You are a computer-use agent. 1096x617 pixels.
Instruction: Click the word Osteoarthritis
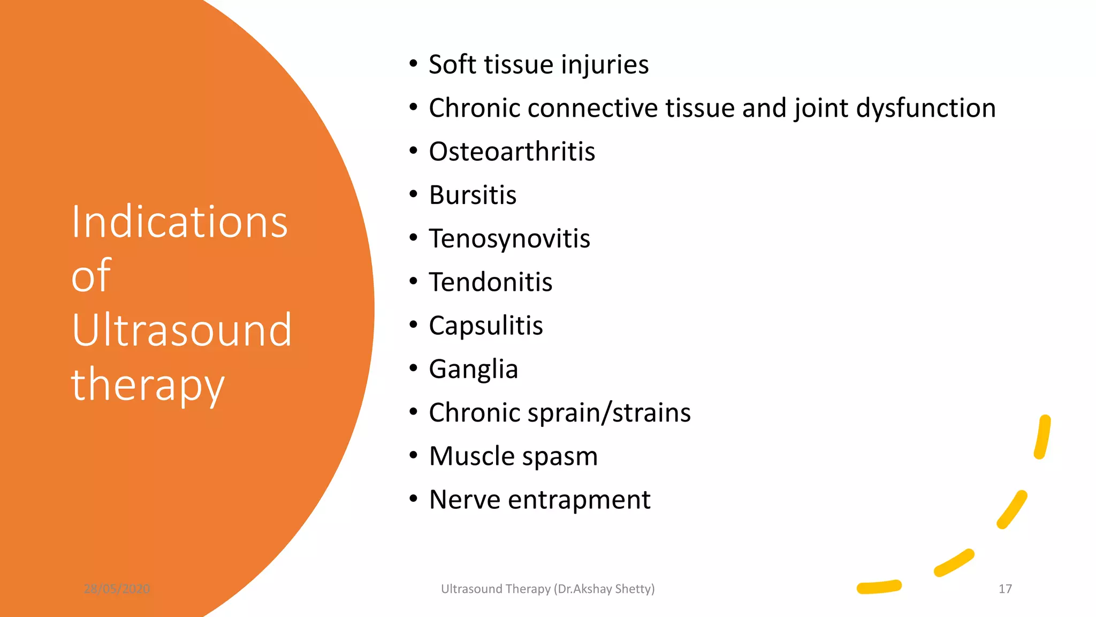point(512,152)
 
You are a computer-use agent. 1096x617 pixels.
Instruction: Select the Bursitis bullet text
point(473,195)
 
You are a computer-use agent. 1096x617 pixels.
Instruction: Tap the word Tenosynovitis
point(509,239)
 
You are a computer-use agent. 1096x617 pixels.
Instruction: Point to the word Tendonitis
point(490,282)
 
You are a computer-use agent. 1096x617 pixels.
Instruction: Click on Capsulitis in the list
point(485,326)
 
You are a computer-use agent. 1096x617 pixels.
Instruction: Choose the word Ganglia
point(473,370)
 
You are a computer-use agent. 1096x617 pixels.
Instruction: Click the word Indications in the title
point(180,222)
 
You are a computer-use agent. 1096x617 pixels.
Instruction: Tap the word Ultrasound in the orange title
point(181,330)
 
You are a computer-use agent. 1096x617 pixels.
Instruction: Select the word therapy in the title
point(148,385)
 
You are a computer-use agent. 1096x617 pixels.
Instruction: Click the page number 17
point(1005,589)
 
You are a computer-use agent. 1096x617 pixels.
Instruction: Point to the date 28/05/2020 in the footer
point(117,589)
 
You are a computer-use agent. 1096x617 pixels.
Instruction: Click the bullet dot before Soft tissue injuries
point(413,64)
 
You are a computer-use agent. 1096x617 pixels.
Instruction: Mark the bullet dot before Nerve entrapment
point(413,499)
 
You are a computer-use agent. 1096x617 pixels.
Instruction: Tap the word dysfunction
point(926,109)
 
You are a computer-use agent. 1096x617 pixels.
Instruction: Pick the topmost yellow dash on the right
point(1042,437)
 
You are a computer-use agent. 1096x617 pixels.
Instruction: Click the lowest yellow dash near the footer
point(879,587)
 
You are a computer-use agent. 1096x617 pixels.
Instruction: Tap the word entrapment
point(579,500)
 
